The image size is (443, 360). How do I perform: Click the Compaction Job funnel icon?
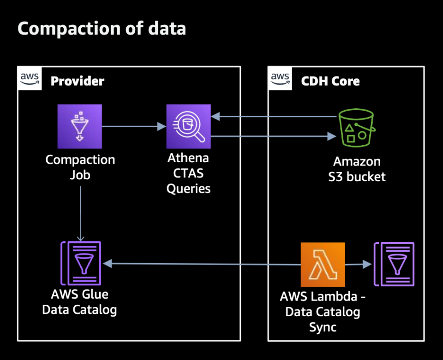(x=80, y=126)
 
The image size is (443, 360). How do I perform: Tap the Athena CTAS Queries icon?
(x=188, y=126)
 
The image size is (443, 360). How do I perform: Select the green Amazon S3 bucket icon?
(x=357, y=128)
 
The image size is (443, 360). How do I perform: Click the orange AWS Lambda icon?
(x=323, y=265)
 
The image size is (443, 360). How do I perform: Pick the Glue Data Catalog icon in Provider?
(x=81, y=263)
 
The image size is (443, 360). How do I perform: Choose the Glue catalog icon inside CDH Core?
(x=394, y=264)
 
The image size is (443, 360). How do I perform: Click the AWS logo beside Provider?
(x=30, y=79)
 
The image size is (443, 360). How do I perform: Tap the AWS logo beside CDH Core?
(x=280, y=79)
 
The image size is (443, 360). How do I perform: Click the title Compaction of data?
(x=102, y=29)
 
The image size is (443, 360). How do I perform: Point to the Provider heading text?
(x=78, y=81)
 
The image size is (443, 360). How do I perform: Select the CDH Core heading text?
(x=330, y=81)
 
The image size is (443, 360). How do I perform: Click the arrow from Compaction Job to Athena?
(x=134, y=126)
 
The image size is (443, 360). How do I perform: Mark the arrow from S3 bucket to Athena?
(x=274, y=116)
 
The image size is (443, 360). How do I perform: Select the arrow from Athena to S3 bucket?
(x=274, y=136)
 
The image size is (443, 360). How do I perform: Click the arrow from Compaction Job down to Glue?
(x=80, y=213)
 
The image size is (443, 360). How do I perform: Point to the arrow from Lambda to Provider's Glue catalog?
(x=202, y=264)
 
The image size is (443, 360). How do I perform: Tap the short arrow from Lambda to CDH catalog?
(x=358, y=265)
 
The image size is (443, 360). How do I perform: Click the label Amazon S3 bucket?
(x=357, y=169)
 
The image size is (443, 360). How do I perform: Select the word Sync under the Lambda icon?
(x=323, y=327)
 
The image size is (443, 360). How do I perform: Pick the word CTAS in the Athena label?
(x=188, y=173)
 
